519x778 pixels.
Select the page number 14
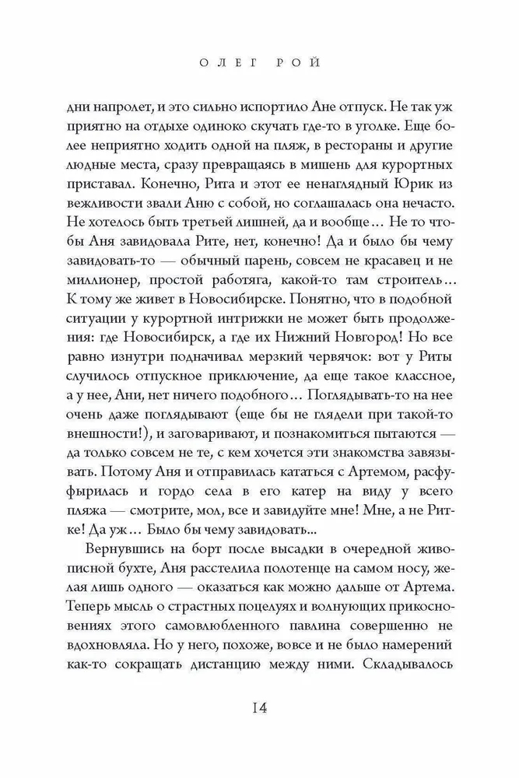pyautogui.click(x=259, y=710)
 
